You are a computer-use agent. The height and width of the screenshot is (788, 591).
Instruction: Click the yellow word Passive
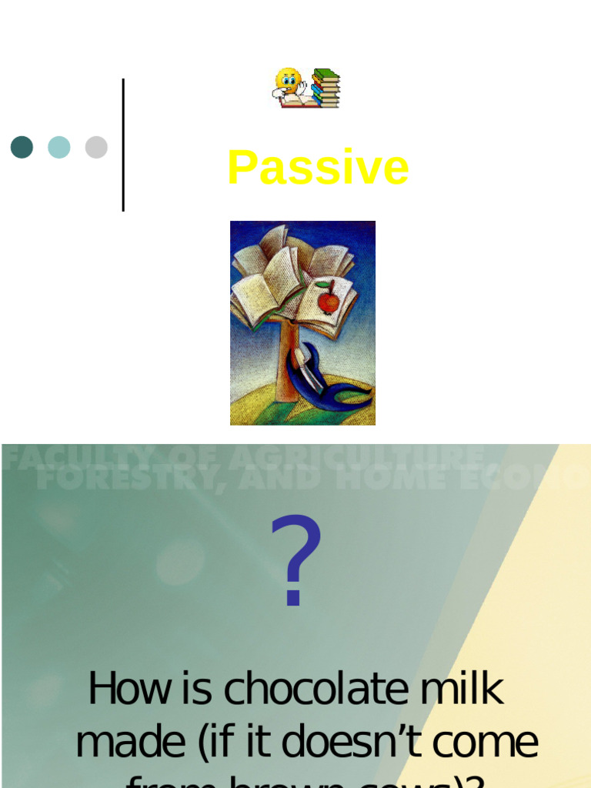pyautogui.click(x=318, y=168)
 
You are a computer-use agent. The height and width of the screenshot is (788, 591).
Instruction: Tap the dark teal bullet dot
pyautogui.click(x=22, y=147)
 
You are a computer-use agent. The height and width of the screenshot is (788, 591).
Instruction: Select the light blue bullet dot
pyautogui.click(x=59, y=147)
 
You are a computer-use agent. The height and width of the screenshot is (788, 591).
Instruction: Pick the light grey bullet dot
pyautogui.click(x=96, y=147)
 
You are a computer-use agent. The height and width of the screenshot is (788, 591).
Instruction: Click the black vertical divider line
pyautogui.click(x=123, y=145)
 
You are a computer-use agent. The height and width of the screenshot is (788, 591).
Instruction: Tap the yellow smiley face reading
pyautogui.click(x=289, y=84)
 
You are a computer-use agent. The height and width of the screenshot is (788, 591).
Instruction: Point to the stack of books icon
pyautogui.click(x=326, y=88)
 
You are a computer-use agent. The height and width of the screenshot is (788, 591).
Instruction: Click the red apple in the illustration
pyautogui.click(x=329, y=302)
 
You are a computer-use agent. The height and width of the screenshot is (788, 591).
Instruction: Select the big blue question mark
pyautogui.click(x=295, y=562)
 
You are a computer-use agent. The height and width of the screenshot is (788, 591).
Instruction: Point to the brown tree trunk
pyautogui.click(x=286, y=362)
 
